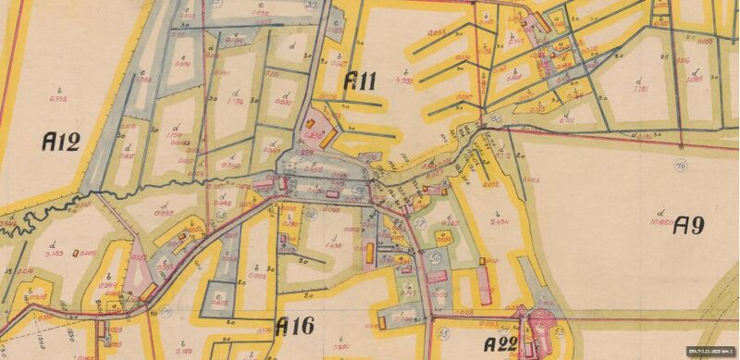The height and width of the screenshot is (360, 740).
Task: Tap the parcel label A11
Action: point(359,81)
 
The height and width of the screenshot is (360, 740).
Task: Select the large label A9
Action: point(692,225)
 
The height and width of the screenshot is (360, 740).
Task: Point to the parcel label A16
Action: point(295,326)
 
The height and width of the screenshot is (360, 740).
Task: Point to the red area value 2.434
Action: point(500,222)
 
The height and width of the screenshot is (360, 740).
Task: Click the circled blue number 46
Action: point(680,167)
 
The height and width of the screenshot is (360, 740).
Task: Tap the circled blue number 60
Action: point(496,119)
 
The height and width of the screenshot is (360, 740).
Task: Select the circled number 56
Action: point(435,259)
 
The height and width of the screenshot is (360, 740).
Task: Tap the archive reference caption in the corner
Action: point(708,354)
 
